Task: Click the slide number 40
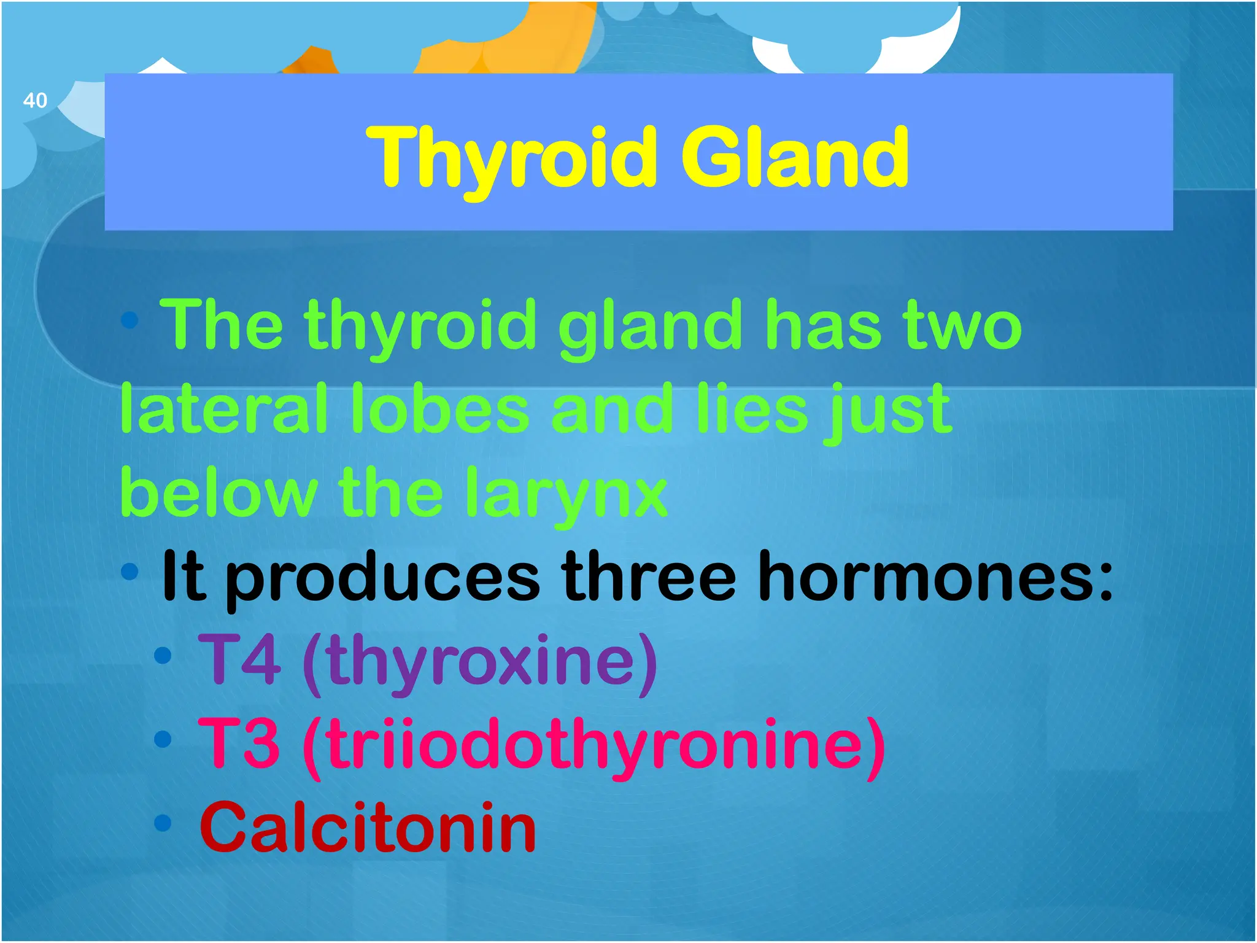pos(35,100)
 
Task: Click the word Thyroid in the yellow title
pos(512,158)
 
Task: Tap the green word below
pos(219,493)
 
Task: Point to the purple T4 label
pos(240,661)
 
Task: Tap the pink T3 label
pos(240,744)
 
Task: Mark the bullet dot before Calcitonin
pos(163,823)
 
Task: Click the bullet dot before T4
pos(163,655)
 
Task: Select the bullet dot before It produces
pos(130,572)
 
